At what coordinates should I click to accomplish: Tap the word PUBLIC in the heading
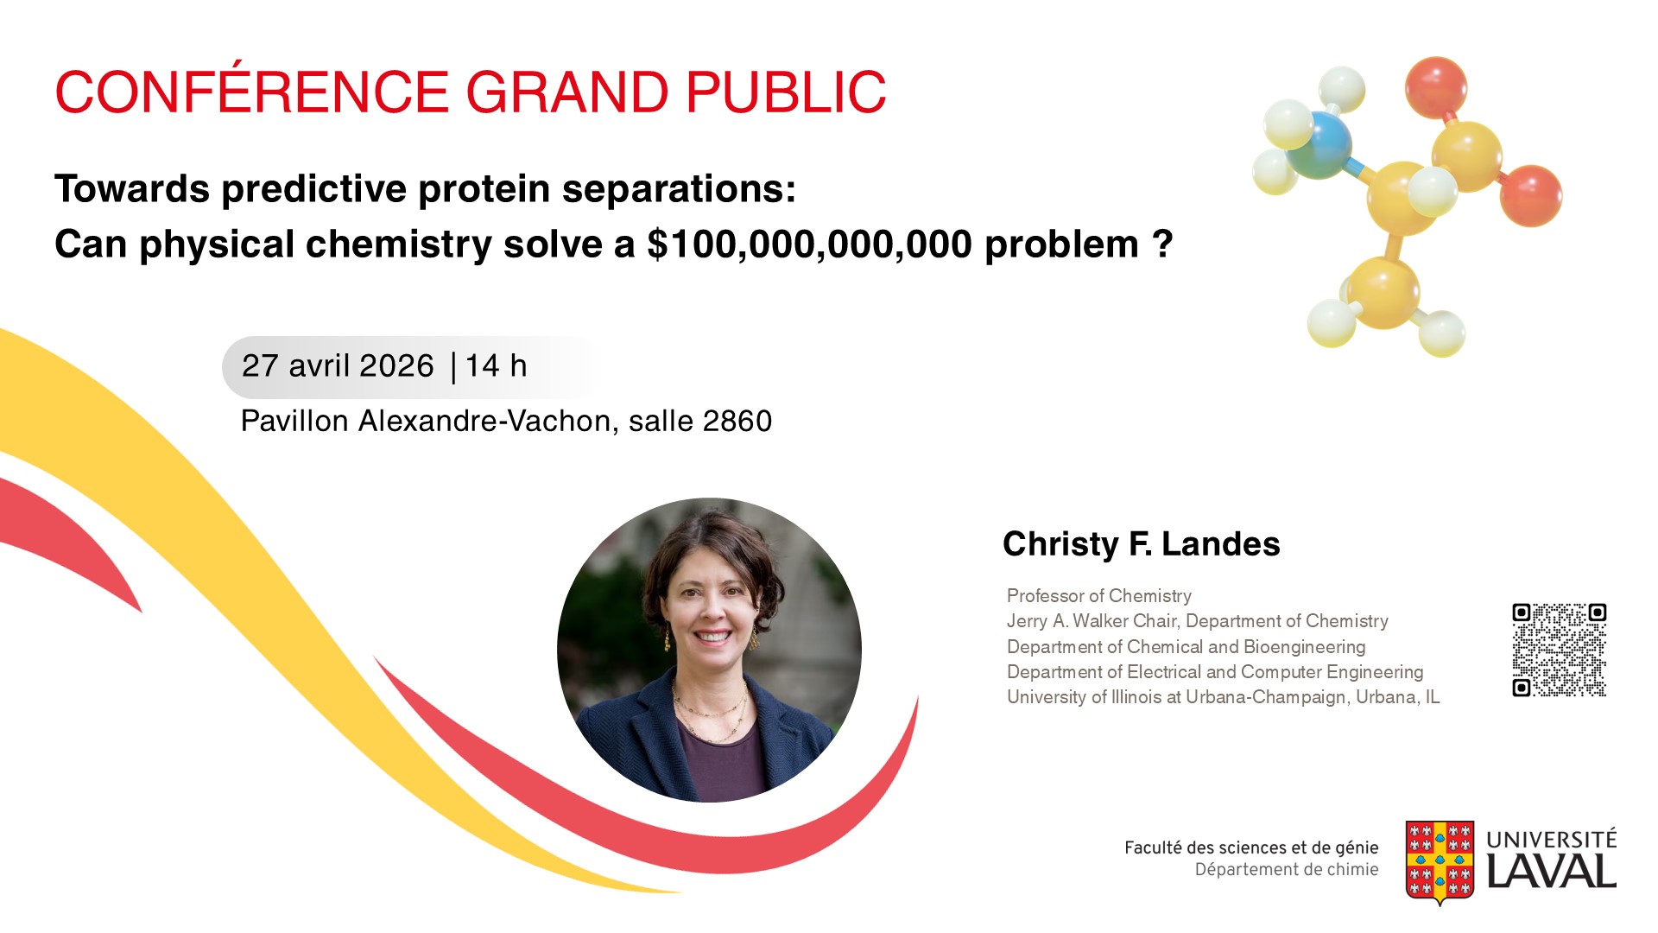click(786, 92)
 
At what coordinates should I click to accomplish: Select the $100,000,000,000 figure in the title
click(810, 245)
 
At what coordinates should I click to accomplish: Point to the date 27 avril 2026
click(338, 366)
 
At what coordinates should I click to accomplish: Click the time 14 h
click(496, 365)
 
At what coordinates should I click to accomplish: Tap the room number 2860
click(737, 422)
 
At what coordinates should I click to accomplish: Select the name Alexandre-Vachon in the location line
click(488, 422)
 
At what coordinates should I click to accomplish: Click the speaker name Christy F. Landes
click(1141, 544)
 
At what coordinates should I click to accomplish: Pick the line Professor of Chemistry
click(1098, 596)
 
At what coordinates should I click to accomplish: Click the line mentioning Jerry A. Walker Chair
click(1198, 621)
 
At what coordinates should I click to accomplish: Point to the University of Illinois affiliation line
click(1223, 697)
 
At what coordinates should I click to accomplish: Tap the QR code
click(1559, 650)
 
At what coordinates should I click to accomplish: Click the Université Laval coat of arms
click(1440, 862)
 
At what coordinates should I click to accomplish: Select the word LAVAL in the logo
click(1551, 871)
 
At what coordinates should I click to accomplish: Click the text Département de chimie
click(1287, 870)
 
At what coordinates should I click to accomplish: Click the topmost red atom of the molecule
click(1435, 86)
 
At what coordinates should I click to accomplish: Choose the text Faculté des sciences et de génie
click(1251, 847)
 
